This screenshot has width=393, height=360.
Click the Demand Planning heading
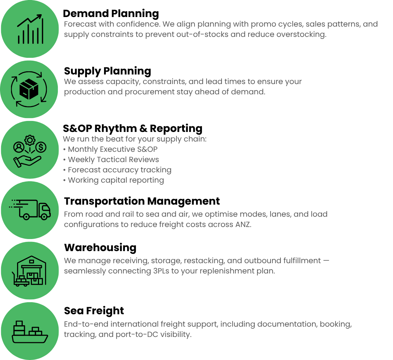click(111, 14)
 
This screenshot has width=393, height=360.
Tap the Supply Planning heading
click(108, 71)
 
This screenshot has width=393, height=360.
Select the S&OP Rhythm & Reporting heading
click(132, 128)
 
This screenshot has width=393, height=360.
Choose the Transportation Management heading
click(142, 201)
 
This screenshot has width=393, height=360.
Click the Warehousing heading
click(100, 248)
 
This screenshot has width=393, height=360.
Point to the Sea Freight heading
click(94, 311)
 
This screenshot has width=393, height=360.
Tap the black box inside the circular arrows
click(29, 89)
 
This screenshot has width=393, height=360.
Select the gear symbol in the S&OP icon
click(30, 140)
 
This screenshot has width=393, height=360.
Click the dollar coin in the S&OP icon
click(41, 147)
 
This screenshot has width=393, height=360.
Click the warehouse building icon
click(29, 271)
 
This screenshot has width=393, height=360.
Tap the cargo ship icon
click(30, 332)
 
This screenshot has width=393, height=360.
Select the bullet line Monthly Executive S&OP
click(110, 149)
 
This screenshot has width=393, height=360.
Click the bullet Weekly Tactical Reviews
click(111, 160)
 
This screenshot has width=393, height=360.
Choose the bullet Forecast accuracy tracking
click(117, 170)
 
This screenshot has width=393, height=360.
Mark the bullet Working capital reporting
click(114, 180)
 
